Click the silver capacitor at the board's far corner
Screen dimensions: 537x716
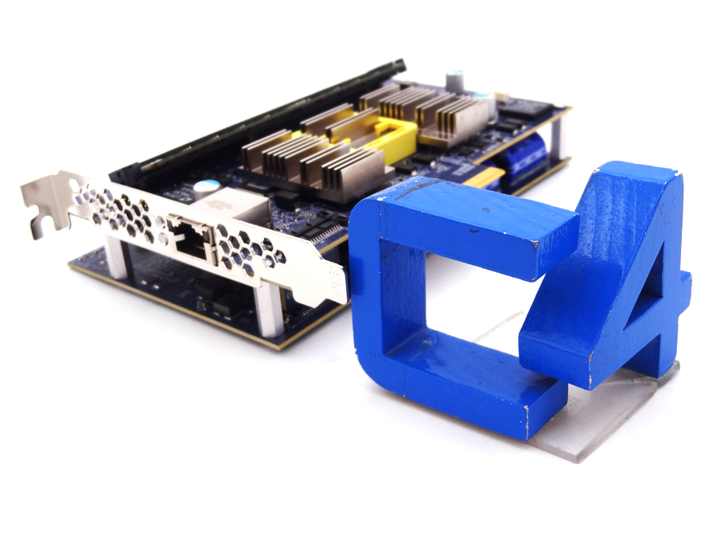454,79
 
